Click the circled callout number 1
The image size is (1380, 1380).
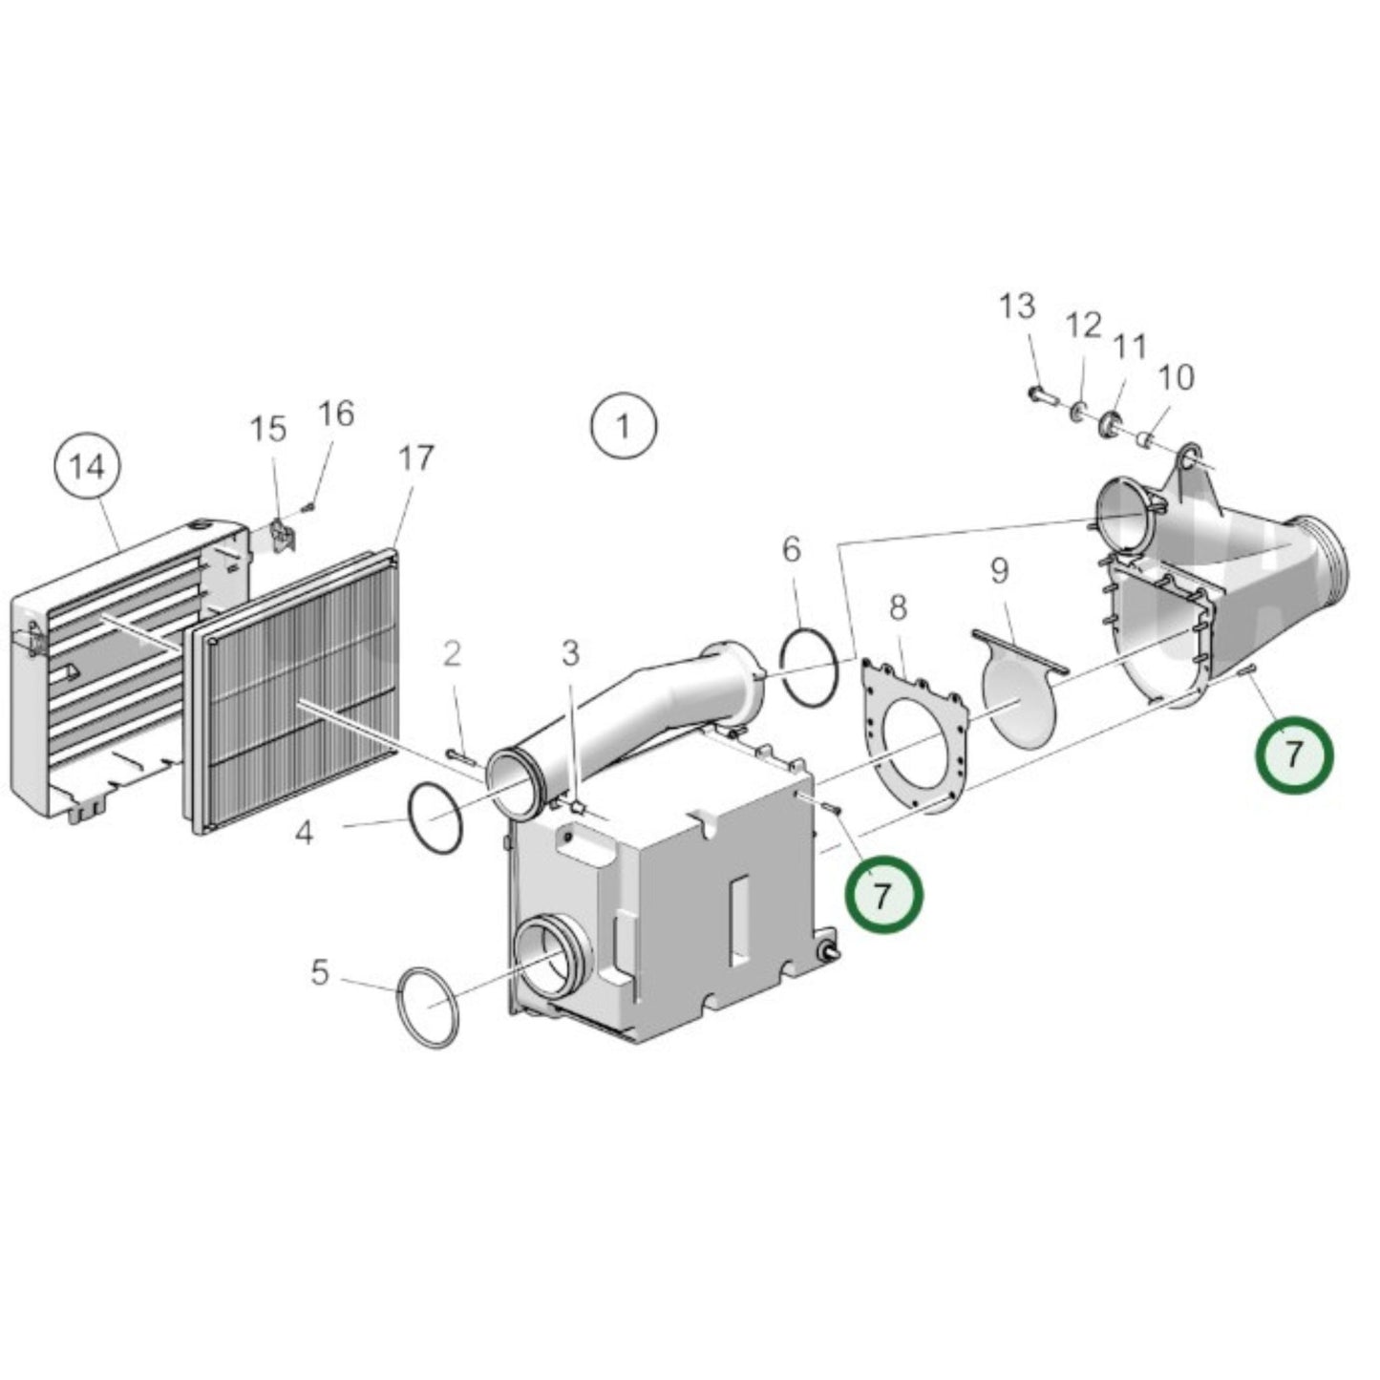[624, 426]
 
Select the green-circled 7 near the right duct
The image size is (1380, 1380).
[1293, 754]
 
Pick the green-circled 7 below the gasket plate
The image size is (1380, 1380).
[883, 894]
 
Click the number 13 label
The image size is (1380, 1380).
[1017, 308]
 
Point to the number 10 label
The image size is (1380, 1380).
[1177, 377]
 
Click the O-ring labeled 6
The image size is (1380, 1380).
[810, 665]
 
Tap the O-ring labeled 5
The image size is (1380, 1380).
[428, 1007]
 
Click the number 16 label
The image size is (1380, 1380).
[336, 414]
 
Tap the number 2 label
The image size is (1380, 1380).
[452, 654]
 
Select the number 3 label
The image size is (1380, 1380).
[570, 654]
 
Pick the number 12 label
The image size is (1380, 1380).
[1084, 326]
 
